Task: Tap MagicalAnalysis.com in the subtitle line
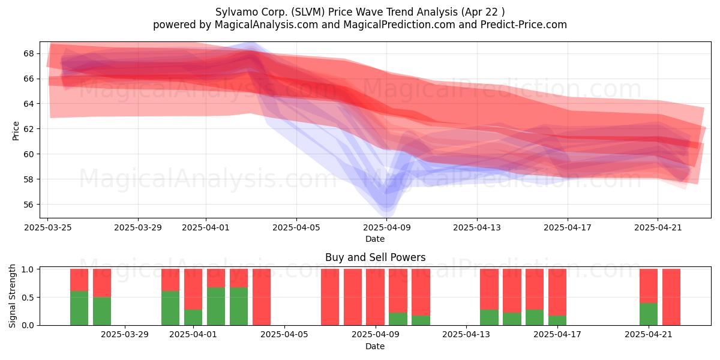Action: click(266, 25)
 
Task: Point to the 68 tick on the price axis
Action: click(29, 53)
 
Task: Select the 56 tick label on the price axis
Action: click(29, 205)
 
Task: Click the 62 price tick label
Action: click(29, 129)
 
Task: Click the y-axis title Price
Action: click(16, 131)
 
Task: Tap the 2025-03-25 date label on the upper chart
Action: click(48, 227)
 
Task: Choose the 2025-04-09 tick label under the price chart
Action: click(386, 227)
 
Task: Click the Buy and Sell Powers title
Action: click(375, 257)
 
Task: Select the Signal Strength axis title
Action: click(12, 296)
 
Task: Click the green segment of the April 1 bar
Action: click(193, 317)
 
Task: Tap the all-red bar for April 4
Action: click(262, 297)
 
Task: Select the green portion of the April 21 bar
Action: click(649, 314)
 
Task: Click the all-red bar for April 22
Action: click(671, 297)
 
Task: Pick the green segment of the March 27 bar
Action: click(79, 308)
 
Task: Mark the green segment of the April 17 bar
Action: click(557, 320)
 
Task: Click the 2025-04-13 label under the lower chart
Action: click(466, 335)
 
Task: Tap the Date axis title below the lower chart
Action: click(375, 346)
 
